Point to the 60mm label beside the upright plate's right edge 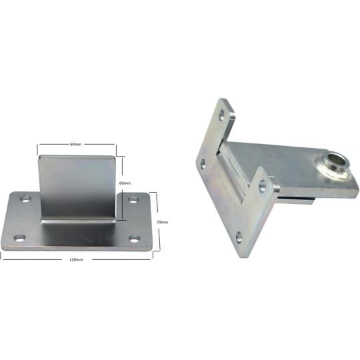coord(125,182)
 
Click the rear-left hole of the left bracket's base coord(25,199)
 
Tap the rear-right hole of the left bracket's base coord(131,199)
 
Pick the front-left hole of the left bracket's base coord(19,237)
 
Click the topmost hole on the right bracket coord(221,117)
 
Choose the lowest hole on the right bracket coord(239,235)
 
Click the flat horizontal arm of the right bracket coord(273,156)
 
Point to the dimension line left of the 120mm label coord(33,259)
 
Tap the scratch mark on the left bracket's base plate coord(85,237)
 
